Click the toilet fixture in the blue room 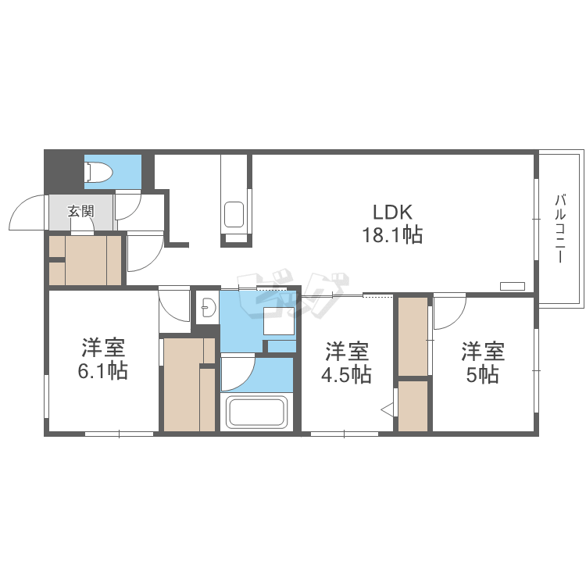[98, 172]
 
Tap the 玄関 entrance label [80, 211]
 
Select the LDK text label [392, 213]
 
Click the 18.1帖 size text [392, 235]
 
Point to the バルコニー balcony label [560, 228]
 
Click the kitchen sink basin [234, 215]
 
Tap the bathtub [256, 413]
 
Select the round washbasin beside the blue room [207, 307]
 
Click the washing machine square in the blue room [279, 320]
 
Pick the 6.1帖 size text [103, 371]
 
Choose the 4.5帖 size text [346, 374]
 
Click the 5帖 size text [482, 374]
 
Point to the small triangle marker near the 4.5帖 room [387, 409]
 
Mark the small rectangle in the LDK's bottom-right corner [513, 286]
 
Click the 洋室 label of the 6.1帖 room [103, 348]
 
